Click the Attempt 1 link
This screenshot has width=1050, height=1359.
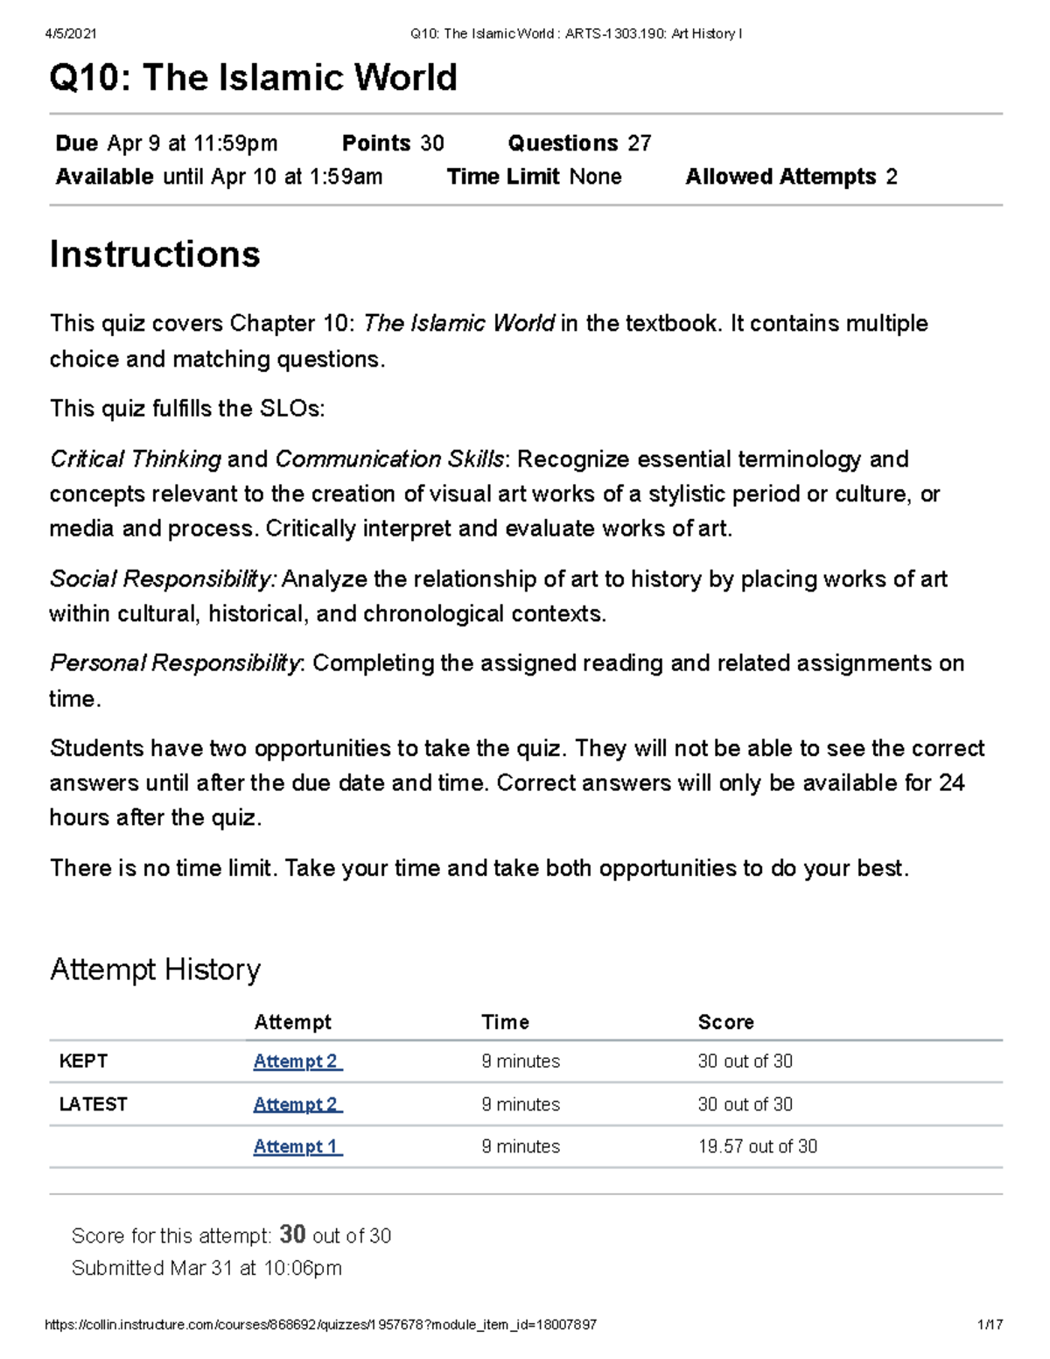pyautogui.click(x=297, y=1146)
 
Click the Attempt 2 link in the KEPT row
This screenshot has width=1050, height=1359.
pyautogui.click(x=297, y=1061)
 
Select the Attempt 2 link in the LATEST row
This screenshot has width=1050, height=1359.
pyautogui.click(x=297, y=1104)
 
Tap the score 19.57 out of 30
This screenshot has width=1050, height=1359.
pyautogui.click(x=757, y=1146)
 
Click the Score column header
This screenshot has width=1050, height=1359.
pyautogui.click(x=725, y=1022)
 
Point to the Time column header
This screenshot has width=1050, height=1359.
pyautogui.click(x=505, y=1022)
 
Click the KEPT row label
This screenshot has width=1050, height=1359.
pyautogui.click(x=83, y=1061)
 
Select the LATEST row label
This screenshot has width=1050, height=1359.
pyautogui.click(x=93, y=1104)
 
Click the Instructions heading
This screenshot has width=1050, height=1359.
pyautogui.click(x=155, y=255)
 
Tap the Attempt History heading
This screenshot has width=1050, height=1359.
pyautogui.click(x=155, y=970)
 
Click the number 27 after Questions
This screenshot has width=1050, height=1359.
pyautogui.click(x=640, y=144)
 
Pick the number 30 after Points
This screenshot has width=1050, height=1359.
pyautogui.click(x=432, y=144)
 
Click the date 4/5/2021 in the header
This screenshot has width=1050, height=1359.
pyautogui.click(x=71, y=34)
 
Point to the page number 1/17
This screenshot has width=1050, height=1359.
pyautogui.click(x=990, y=1325)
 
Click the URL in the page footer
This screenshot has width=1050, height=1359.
pyautogui.click(x=320, y=1325)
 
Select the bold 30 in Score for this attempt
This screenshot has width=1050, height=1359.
pyautogui.click(x=292, y=1235)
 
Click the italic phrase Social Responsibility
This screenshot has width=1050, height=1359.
pyautogui.click(x=163, y=579)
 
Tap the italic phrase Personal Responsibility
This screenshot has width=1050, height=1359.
pyautogui.click(x=175, y=663)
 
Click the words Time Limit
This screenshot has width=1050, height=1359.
pyautogui.click(x=503, y=177)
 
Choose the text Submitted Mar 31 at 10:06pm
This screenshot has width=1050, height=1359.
pyautogui.click(x=206, y=1268)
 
